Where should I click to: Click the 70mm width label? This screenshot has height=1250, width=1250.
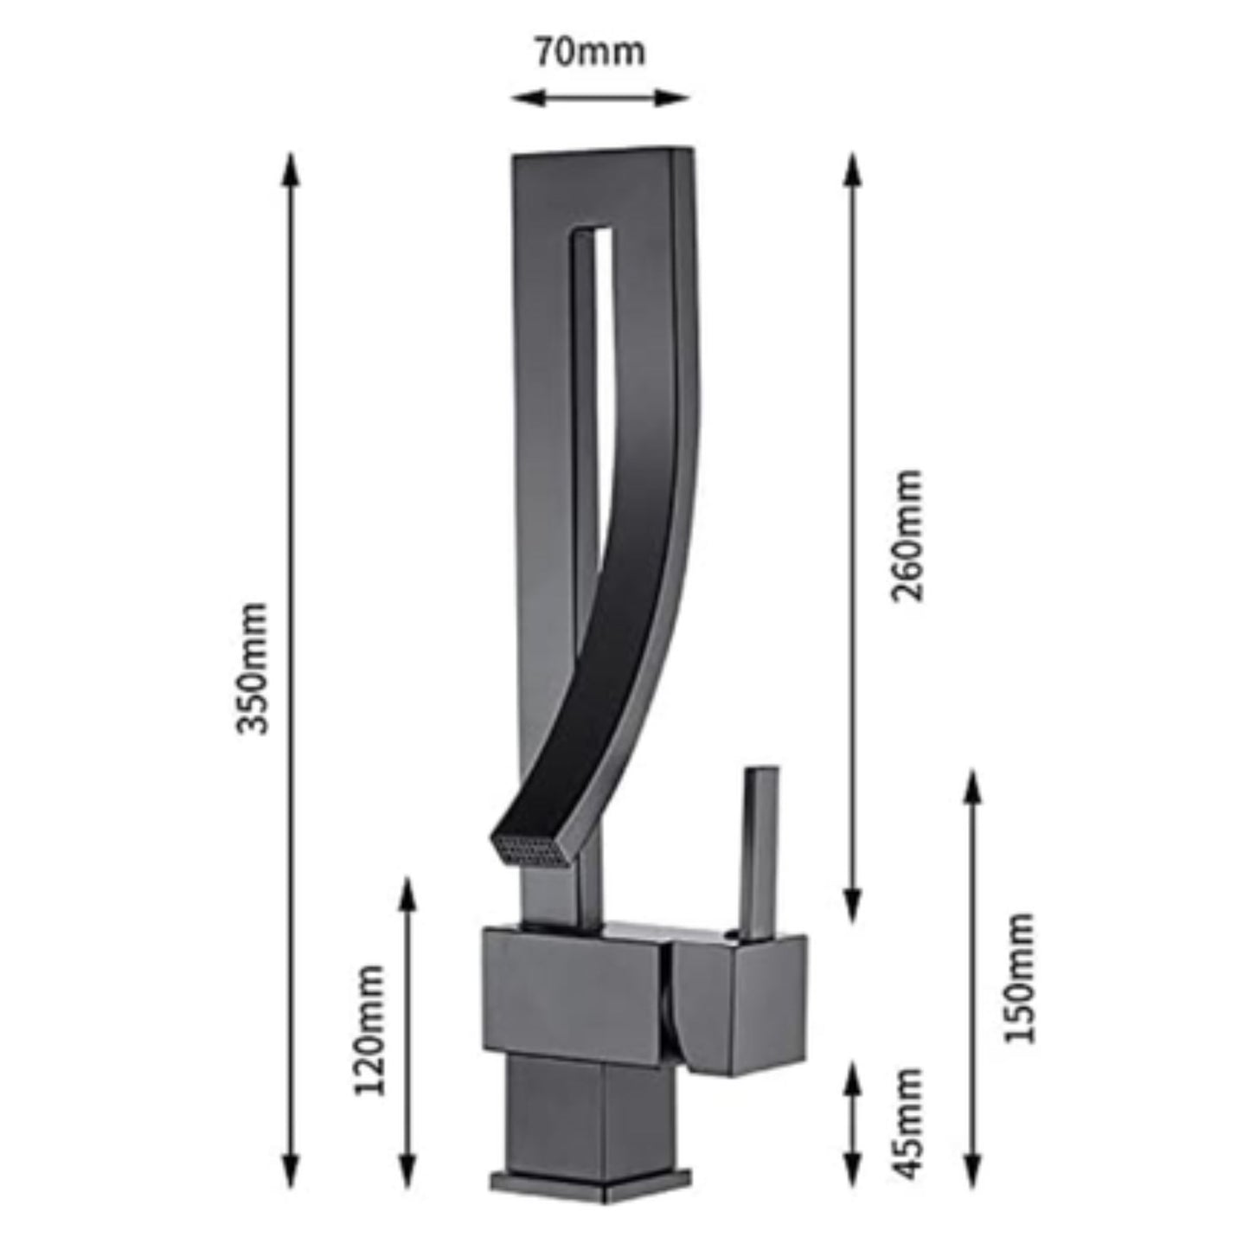[x=589, y=53]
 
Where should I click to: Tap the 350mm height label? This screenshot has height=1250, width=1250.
[x=253, y=667]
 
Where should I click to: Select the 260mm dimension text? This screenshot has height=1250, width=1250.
[x=907, y=536]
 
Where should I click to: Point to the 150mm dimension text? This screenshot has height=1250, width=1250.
[x=1020, y=978]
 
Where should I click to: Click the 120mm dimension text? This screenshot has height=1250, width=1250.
[x=370, y=1030]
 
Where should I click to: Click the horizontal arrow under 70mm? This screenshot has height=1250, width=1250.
[x=599, y=98]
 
